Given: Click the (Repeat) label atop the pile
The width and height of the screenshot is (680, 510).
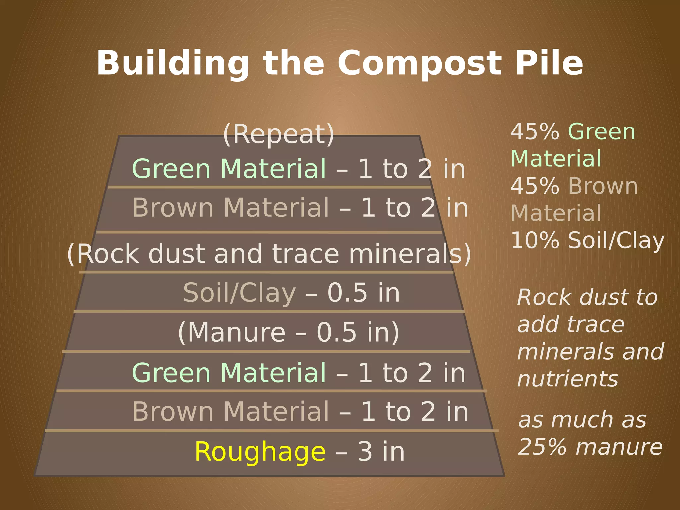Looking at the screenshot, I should coord(279,134).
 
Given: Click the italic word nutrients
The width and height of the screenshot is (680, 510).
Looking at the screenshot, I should coord(568,379).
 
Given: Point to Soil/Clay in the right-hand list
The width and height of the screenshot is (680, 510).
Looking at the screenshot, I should coord(616,241).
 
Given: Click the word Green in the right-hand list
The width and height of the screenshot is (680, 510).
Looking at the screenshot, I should coord(602,132).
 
